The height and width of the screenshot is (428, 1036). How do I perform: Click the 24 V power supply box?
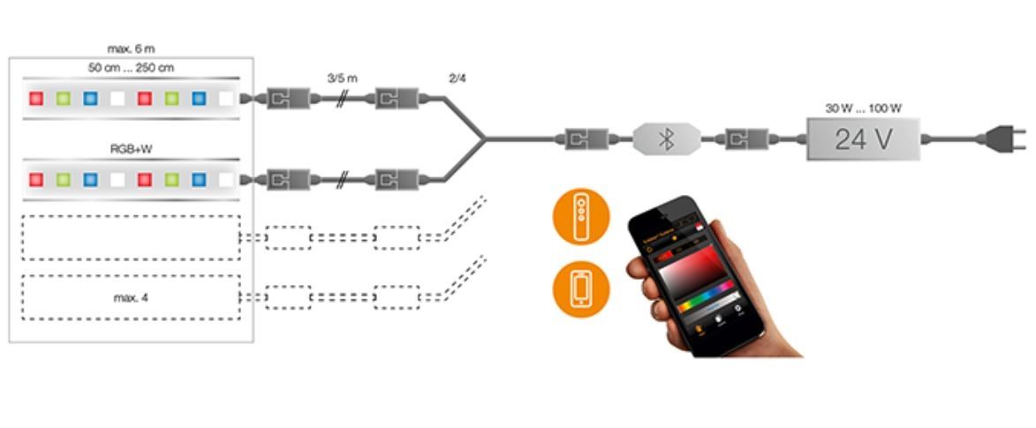pyautogui.click(x=863, y=139)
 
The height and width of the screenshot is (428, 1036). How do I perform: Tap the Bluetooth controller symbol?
pyautogui.click(x=667, y=139)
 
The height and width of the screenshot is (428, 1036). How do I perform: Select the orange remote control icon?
pyautogui.click(x=580, y=217)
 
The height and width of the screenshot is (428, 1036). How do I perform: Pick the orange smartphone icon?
pyautogui.click(x=580, y=288)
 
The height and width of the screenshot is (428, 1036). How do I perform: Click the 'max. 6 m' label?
pyautogui.click(x=131, y=49)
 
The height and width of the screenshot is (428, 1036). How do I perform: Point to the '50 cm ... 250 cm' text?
pyautogui.click(x=131, y=68)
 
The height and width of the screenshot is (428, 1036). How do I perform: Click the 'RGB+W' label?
pyautogui.click(x=131, y=149)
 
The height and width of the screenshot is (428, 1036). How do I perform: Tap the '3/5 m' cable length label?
pyautogui.click(x=342, y=78)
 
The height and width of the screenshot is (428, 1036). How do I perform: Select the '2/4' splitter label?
pyautogui.click(x=458, y=78)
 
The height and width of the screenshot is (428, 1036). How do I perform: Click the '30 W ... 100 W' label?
pyautogui.click(x=863, y=109)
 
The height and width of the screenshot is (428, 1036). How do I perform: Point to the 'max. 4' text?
pyautogui.click(x=131, y=297)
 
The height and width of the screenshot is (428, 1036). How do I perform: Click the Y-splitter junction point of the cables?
pyautogui.click(x=483, y=139)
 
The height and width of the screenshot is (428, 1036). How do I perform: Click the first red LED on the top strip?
pyautogui.click(x=36, y=98)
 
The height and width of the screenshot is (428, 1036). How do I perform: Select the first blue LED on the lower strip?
pyautogui.click(x=90, y=179)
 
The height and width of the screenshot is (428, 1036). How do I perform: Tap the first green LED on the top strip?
pyautogui.click(x=64, y=98)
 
